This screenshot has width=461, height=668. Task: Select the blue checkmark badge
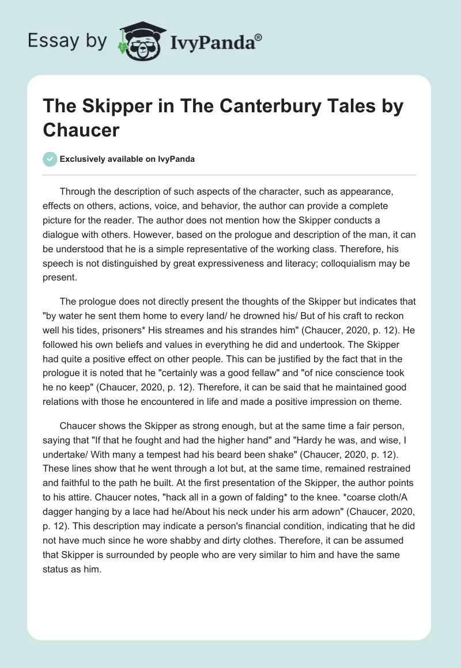click(x=50, y=159)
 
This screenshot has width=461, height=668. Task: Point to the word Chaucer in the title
click(x=81, y=130)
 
